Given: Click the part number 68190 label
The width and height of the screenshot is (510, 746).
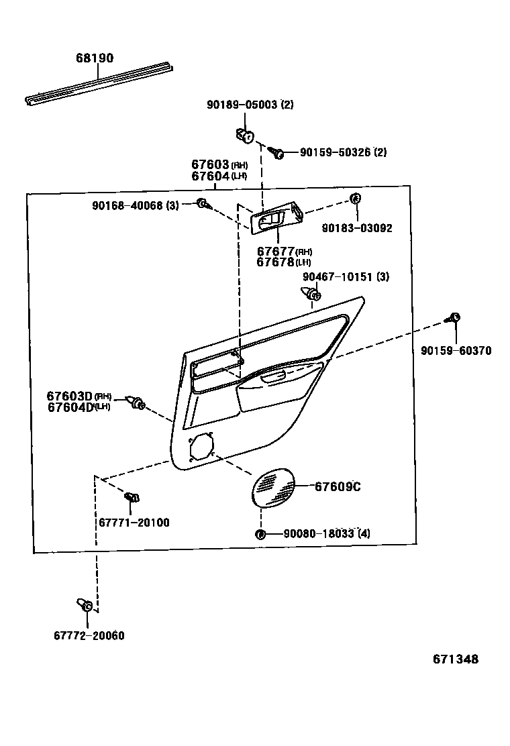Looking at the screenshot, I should [x=94, y=58].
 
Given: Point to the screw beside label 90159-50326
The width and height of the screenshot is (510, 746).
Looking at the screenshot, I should [x=276, y=153].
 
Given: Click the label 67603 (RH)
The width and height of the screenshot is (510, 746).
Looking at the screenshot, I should [x=219, y=165].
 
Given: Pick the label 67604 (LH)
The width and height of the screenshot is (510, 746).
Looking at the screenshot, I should [x=219, y=176].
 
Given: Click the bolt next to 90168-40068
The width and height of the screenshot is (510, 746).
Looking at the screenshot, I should [x=201, y=203].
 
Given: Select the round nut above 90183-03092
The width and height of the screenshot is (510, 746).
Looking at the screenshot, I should [x=356, y=198].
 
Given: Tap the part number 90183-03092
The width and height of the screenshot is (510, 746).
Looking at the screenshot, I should [x=357, y=228].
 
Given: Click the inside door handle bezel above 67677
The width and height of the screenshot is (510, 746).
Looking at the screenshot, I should [x=276, y=219].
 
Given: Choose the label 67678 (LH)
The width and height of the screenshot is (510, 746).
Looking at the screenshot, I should [x=283, y=262].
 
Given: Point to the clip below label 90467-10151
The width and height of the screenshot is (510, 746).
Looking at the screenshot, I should [x=311, y=293].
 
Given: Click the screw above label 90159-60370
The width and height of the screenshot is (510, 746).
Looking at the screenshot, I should [x=454, y=318].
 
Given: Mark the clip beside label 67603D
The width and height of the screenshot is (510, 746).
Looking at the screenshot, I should [x=138, y=403].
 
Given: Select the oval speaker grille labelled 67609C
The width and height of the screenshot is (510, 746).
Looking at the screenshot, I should [x=272, y=488].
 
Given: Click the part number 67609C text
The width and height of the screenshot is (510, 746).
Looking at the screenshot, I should [x=338, y=487].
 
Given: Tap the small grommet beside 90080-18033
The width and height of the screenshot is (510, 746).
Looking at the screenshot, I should [x=260, y=534].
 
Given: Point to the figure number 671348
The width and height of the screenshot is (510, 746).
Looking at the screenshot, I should [x=456, y=659].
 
